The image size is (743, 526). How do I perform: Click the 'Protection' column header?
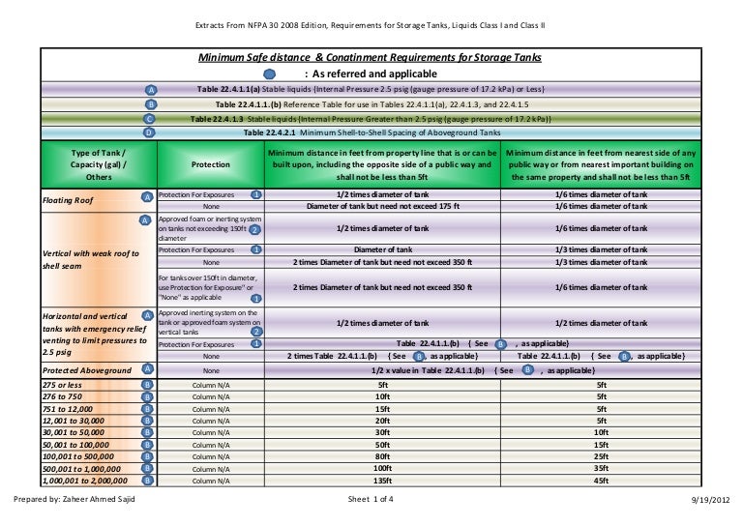[210, 164]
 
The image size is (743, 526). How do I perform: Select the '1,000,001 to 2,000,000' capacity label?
[84, 479]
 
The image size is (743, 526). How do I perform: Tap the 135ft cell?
[382, 479]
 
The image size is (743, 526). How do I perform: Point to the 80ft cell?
[382, 455]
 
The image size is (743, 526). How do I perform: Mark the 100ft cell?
[382, 467]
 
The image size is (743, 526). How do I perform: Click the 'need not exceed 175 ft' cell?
[382, 206]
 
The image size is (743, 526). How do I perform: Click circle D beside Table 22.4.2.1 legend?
[148, 131]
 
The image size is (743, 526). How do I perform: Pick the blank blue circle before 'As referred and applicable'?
[269, 73]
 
